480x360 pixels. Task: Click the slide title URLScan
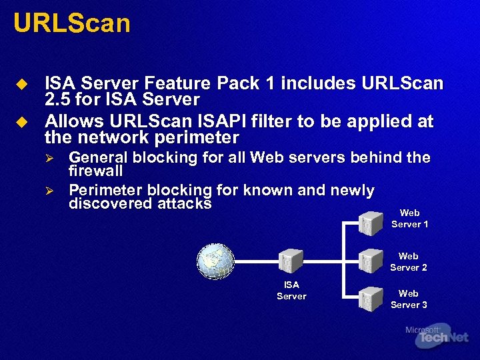point(71,24)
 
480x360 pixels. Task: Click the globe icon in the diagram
point(215,261)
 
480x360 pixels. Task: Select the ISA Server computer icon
point(291,261)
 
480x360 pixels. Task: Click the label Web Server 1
point(409,219)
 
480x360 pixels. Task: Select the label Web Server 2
point(409,261)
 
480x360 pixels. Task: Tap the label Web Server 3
point(409,299)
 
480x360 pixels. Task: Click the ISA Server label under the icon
point(291,290)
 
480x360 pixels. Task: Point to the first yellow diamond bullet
point(22,85)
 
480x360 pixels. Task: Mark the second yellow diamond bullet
point(22,123)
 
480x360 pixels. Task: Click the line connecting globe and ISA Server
point(257,261)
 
